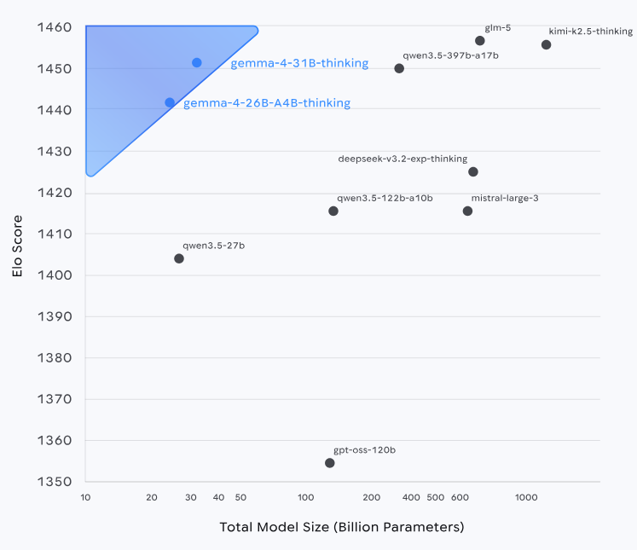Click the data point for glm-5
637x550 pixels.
click(x=480, y=41)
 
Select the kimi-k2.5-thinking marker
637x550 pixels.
click(x=547, y=44)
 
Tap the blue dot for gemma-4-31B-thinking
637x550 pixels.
click(x=197, y=63)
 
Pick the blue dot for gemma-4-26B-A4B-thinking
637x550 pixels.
click(x=170, y=102)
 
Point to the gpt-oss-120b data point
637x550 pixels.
click(x=330, y=463)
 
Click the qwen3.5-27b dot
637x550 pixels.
click(x=179, y=258)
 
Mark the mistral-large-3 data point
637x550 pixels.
click(x=467, y=211)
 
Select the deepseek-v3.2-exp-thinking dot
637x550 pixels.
click(x=473, y=171)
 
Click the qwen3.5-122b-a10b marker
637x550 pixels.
click(x=333, y=211)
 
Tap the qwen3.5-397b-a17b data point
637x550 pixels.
click(x=399, y=68)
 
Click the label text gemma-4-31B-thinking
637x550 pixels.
click(x=299, y=63)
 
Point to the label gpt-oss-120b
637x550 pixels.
click(x=364, y=449)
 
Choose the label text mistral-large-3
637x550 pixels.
click(x=505, y=198)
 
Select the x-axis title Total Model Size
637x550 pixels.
click(x=342, y=527)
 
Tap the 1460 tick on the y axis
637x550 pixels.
click(x=54, y=27)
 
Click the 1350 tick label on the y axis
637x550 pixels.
click(x=54, y=482)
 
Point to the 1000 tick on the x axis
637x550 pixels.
click(x=525, y=497)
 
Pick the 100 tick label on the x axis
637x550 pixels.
click(x=306, y=497)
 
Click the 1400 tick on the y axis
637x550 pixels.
click(x=54, y=275)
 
